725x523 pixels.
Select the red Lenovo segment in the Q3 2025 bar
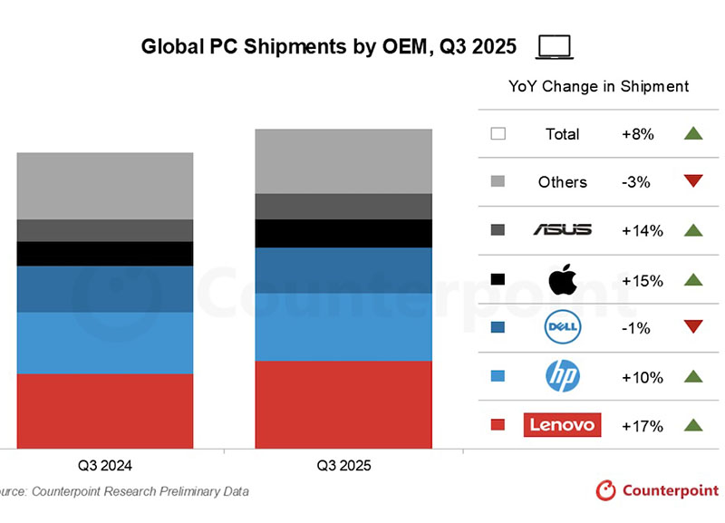[343, 403]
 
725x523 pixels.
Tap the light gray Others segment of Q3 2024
[105, 186]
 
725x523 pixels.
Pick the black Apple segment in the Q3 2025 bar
[343, 233]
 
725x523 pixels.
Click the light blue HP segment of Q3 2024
[105, 343]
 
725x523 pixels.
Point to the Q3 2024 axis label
[105, 466]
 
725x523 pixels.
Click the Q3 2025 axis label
[343, 466]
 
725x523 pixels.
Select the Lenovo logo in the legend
[562, 424]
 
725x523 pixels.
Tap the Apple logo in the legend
[563, 280]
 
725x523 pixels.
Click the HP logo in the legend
[563, 376]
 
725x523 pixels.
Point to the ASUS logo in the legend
[563, 230]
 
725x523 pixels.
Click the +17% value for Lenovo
[643, 425]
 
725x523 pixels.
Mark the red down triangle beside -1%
[693, 327]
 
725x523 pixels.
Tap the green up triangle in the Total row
[693, 134]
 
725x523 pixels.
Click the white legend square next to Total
[498, 134]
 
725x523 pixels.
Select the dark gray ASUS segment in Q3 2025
[343, 207]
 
